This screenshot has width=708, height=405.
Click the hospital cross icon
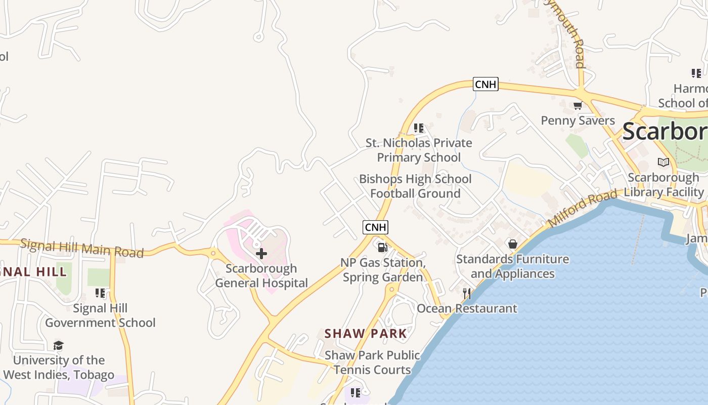pos(261,253)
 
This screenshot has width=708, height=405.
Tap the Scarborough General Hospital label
pos(261,276)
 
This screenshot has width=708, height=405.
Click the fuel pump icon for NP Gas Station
pos(383,248)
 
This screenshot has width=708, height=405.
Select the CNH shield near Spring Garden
pos(376,227)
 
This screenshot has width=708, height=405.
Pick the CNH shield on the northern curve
pos(485,84)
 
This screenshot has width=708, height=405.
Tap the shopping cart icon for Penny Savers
pos(578,106)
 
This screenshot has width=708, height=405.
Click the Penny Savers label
pos(578,120)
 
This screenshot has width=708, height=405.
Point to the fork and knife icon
pos(467,294)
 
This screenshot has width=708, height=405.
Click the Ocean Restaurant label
pos(467,308)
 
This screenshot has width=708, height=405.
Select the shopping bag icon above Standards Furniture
pos(513,245)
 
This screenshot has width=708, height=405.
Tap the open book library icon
pos(663,163)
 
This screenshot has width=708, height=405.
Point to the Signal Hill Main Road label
pos(82,248)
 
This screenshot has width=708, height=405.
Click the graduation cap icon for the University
pos(59,346)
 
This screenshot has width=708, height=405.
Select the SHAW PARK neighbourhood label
pos(366,334)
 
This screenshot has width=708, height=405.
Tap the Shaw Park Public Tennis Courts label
pos(372,362)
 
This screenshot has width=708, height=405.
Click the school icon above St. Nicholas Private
pos(419,128)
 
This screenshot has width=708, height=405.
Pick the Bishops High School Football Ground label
pos(415,186)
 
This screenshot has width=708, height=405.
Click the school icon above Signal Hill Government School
pos(100,293)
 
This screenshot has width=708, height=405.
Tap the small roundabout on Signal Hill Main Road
pos(213,252)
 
